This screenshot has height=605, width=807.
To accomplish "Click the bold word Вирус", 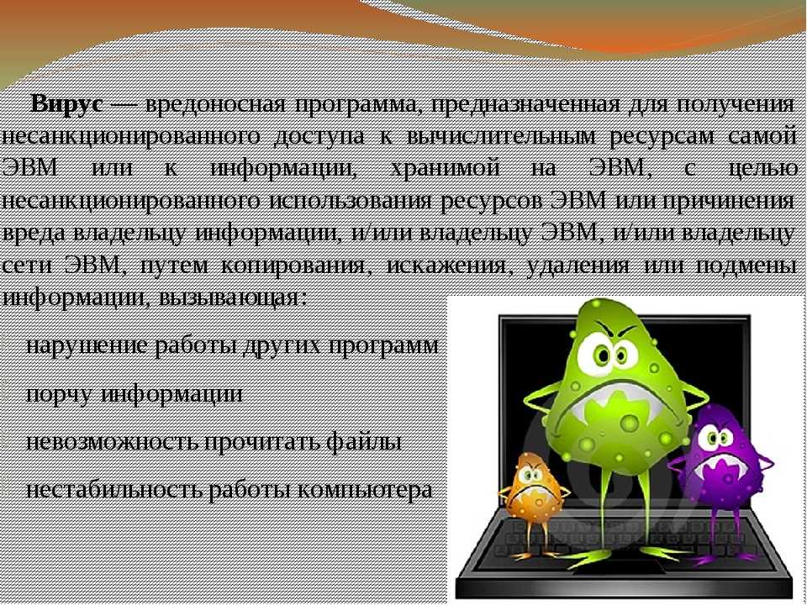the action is click(x=66, y=105).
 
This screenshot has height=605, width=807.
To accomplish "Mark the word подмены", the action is click(x=746, y=266).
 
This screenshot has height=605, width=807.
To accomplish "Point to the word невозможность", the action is click(x=111, y=442).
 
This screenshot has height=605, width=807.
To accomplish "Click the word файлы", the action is click(x=364, y=442).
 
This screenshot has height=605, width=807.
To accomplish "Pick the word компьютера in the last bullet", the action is click(x=364, y=490).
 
